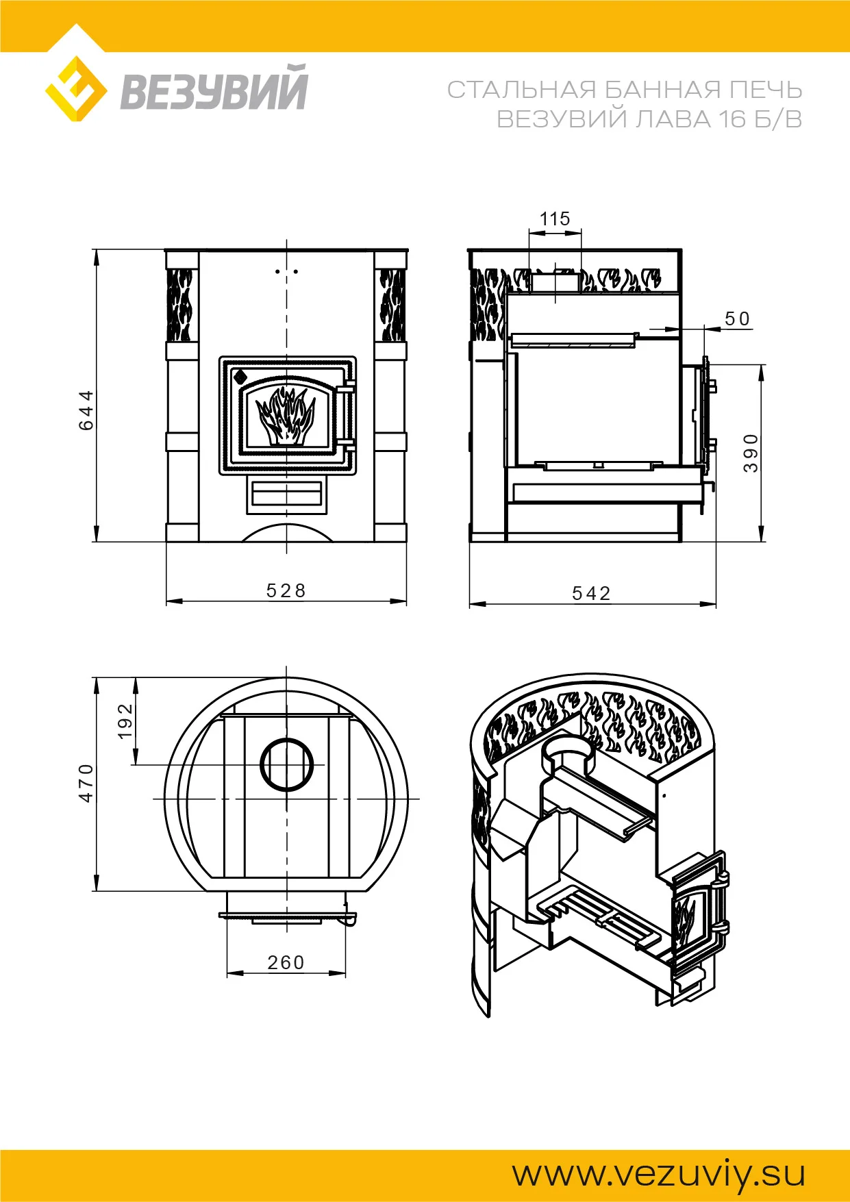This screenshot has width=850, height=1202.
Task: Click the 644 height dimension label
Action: (86, 410)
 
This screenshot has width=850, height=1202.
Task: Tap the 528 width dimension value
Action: (286, 590)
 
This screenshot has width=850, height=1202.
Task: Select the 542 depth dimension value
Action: (592, 593)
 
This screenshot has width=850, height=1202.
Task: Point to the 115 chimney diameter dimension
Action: (555, 219)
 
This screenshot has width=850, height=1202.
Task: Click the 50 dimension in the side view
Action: (738, 319)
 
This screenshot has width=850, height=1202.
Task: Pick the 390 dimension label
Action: (751, 453)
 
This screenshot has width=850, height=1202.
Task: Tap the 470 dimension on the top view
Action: (86, 783)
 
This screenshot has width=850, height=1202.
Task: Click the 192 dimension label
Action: (125, 721)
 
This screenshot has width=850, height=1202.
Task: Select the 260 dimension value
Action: (286, 963)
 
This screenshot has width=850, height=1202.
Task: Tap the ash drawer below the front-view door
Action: (286, 494)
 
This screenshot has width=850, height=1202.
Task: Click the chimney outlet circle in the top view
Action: (287, 765)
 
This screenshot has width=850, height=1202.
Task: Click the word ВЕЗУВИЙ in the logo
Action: (214, 88)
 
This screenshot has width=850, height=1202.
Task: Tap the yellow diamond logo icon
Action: (76, 89)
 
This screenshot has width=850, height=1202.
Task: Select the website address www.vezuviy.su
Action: (659, 1174)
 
